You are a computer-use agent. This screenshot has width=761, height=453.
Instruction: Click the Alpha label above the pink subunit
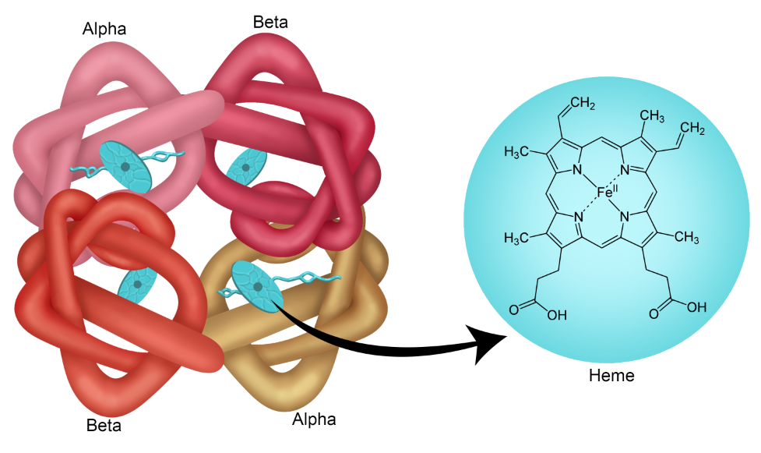(104, 30)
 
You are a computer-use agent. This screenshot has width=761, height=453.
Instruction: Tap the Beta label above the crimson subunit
(270, 21)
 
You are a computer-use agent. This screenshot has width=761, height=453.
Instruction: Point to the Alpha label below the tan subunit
(314, 419)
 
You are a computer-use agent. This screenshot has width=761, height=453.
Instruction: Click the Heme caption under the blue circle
(612, 376)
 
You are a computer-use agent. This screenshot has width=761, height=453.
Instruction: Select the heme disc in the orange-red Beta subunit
(136, 286)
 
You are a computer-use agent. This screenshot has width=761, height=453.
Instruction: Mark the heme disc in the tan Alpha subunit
(252, 286)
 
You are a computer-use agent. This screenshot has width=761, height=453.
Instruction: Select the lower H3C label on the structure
(518, 237)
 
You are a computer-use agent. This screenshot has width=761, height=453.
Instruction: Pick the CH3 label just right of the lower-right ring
(686, 237)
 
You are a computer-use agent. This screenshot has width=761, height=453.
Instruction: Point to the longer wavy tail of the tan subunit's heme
(312, 276)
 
